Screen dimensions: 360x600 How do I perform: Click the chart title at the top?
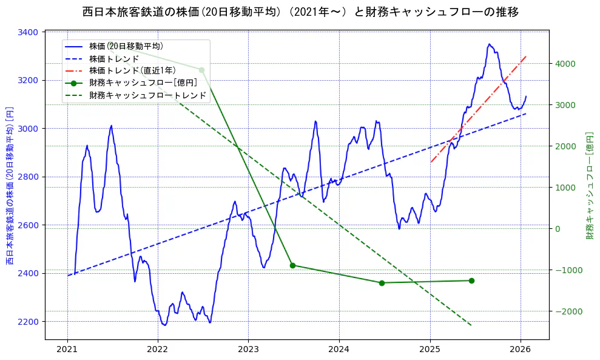(x=300, y=12)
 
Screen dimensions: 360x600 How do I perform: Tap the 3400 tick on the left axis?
(x=30, y=32)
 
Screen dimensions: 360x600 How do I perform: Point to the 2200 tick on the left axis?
(x=30, y=322)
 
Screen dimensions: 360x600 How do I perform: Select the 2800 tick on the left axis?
(x=30, y=177)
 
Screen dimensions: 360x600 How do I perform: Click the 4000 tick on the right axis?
(x=565, y=64)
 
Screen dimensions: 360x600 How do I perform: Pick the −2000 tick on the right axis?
(x=568, y=311)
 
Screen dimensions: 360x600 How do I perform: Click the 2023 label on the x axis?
(x=248, y=350)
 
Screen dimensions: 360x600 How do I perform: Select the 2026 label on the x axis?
(x=521, y=350)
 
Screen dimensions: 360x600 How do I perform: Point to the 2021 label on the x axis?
(x=67, y=350)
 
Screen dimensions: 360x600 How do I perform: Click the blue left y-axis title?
(x=10, y=185)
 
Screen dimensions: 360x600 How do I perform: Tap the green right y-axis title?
(x=589, y=185)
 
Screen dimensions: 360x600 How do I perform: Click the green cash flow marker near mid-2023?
(x=292, y=265)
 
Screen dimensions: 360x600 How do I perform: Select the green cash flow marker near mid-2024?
(x=382, y=283)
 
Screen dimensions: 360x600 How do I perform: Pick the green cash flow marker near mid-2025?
(x=471, y=280)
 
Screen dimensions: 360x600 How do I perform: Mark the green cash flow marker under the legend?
(x=201, y=70)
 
